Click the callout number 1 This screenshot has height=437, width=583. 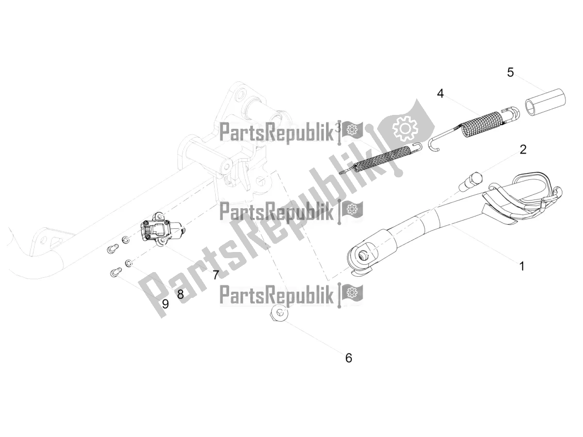click(522, 266)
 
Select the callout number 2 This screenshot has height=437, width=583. click(523, 149)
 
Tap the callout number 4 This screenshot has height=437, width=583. click(440, 94)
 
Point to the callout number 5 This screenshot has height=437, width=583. click(510, 72)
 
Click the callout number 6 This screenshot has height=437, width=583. click(348, 358)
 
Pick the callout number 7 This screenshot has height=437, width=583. click(216, 275)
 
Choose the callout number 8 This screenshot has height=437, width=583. click(181, 294)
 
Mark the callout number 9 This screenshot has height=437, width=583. click(166, 304)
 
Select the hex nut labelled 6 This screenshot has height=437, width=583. click(278, 313)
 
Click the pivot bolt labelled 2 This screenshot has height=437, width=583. click(471, 181)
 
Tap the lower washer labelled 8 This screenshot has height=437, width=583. click(128, 263)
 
